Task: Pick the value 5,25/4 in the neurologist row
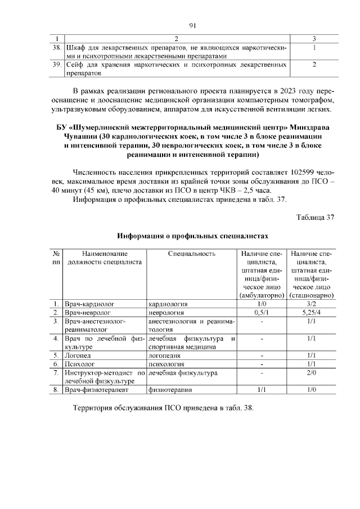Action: pyautogui.click(x=313, y=312)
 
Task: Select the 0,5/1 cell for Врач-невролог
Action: pyautogui.click(x=260, y=312)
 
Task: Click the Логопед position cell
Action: pyautogui.click(x=78, y=355)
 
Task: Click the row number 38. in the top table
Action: pyautogui.click(x=56, y=48)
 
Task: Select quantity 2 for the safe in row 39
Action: pyautogui.click(x=314, y=65)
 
